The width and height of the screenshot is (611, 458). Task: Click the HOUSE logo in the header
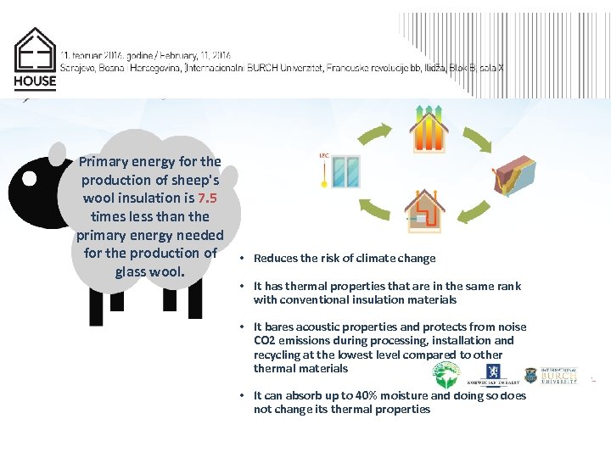point(35,60)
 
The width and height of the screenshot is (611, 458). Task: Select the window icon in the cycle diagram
point(345,172)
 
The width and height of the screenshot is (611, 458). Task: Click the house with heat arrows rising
point(429,127)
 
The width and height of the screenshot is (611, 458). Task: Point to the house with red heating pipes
point(424,213)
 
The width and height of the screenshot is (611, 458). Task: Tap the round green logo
point(446,374)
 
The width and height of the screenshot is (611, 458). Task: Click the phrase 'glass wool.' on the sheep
point(150,271)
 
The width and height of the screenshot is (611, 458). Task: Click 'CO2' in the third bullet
point(265,341)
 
